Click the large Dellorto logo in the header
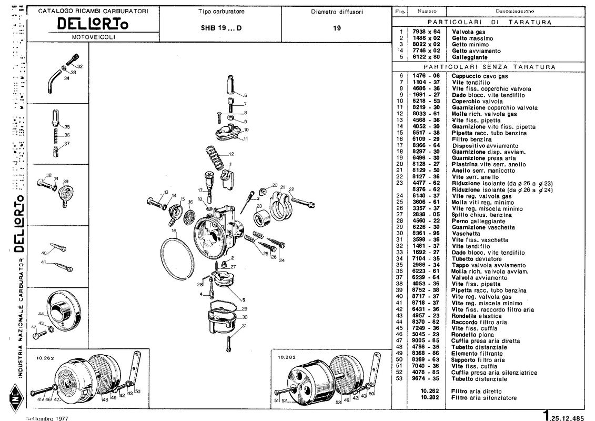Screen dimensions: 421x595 tap(92, 24)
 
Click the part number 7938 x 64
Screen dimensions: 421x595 tap(426, 32)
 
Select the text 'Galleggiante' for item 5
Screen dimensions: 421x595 tap(468, 57)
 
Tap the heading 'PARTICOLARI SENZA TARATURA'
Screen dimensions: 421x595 tap(489, 67)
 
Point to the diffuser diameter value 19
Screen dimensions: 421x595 tap(336, 28)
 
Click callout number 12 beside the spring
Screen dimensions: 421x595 tap(231, 154)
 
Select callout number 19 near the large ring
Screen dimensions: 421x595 tap(173, 231)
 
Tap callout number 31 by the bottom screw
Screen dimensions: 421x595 tap(245, 326)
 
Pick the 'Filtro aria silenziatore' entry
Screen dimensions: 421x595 tap(484, 398)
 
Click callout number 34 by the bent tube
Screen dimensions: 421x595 tap(66, 78)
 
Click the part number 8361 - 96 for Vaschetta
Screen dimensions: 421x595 tap(426, 233)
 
